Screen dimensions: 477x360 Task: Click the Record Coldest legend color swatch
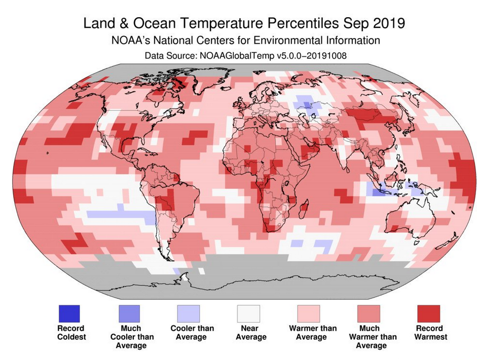(x=69, y=313)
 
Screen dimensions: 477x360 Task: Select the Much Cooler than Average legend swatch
(x=129, y=313)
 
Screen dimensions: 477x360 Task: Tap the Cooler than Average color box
(x=189, y=313)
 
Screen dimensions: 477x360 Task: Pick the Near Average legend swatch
(x=249, y=313)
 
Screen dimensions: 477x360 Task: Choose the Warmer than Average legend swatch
(x=309, y=313)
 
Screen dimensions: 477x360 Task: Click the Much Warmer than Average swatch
(x=369, y=313)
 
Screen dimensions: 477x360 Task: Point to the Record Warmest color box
(x=429, y=313)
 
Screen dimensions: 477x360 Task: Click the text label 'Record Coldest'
(x=71, y=333)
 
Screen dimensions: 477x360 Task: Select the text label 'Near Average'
(x=251, y=333)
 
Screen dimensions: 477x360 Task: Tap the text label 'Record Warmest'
(x=431, y=333)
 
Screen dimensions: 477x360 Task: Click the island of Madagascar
(x=304, y=209)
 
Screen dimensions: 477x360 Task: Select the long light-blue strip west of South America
(x=122, y=214)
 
